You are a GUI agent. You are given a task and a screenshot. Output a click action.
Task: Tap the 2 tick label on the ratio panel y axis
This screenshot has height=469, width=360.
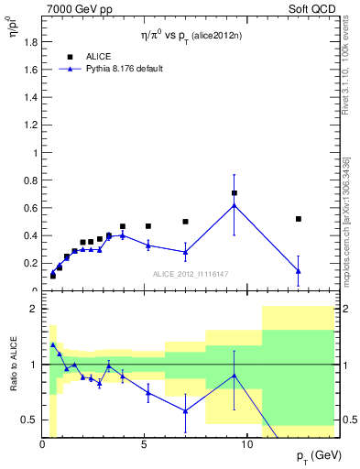34,309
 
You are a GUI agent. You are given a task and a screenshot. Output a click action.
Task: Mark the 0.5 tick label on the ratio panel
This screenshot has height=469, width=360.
28,420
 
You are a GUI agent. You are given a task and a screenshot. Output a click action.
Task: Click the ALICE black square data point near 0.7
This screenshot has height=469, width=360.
235,193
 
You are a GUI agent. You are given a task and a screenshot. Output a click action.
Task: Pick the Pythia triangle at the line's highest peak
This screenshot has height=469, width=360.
235,205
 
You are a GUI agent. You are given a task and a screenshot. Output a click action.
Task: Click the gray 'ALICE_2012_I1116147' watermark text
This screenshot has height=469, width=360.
190,274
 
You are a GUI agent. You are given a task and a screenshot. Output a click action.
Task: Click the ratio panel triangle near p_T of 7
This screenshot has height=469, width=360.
185,410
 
